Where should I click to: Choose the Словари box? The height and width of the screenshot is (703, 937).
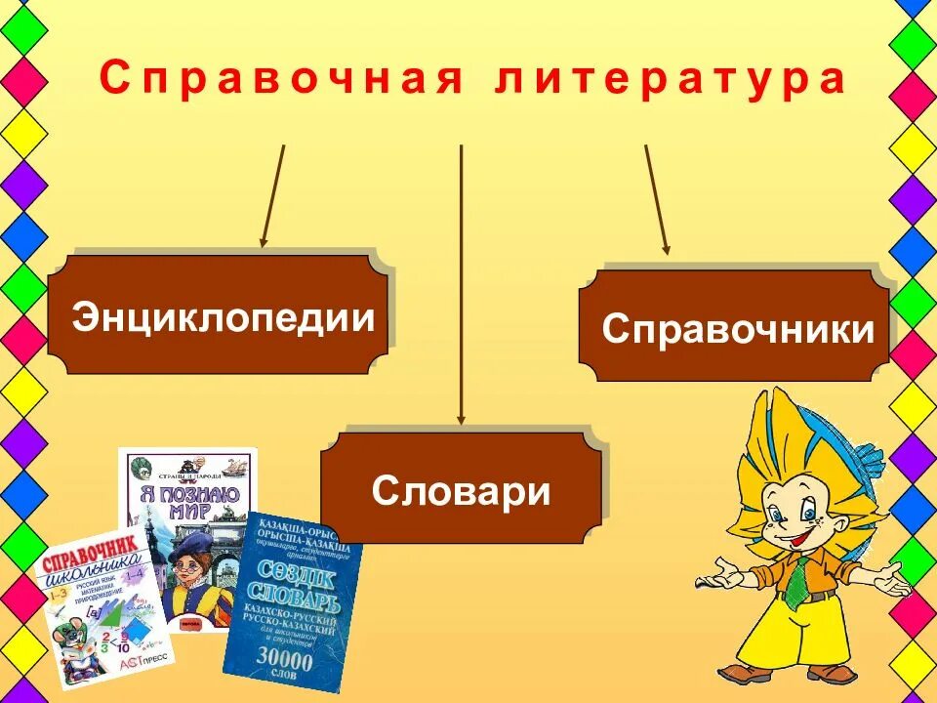(x=461, y=488)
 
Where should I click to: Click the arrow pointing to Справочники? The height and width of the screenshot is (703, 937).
(x=656, y=199)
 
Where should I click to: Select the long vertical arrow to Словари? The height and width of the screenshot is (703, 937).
(x=461, y=283)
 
